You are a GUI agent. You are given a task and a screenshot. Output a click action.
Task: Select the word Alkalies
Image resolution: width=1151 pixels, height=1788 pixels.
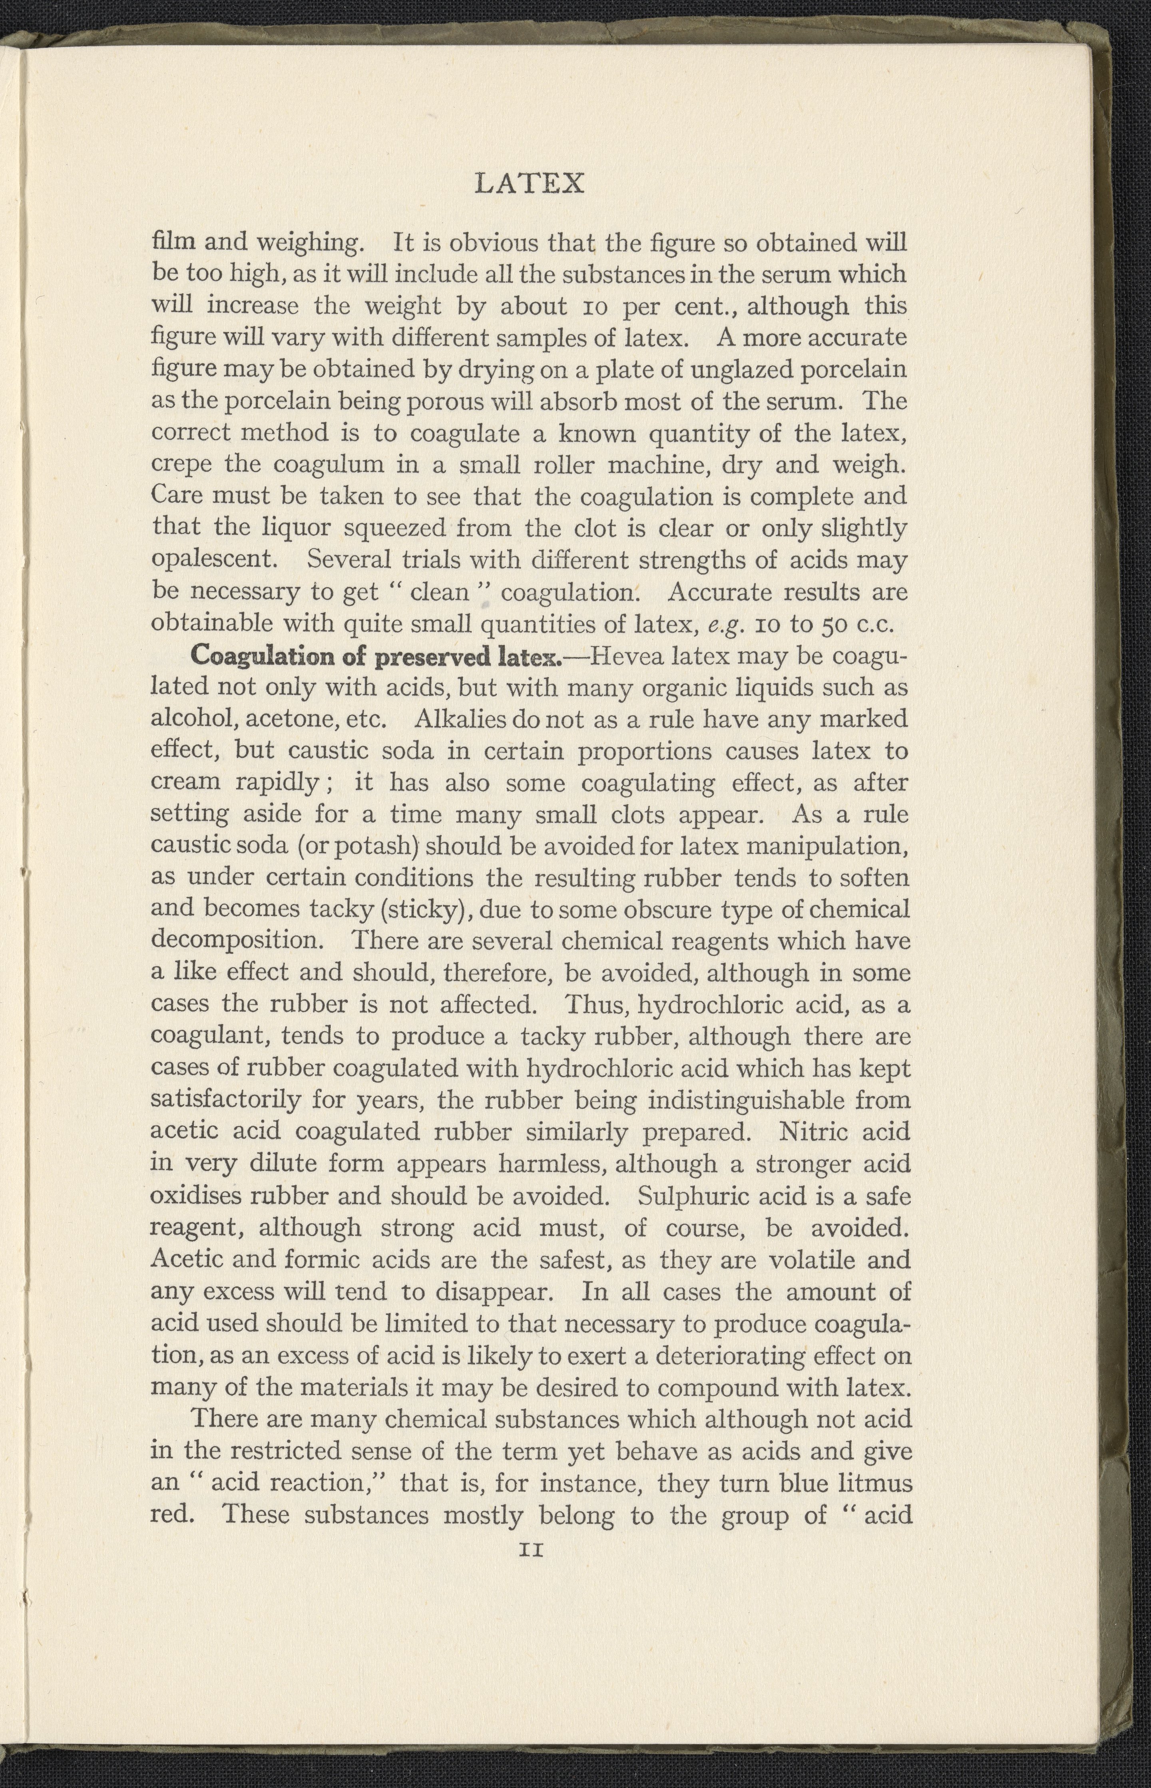(x=459, y=719)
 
